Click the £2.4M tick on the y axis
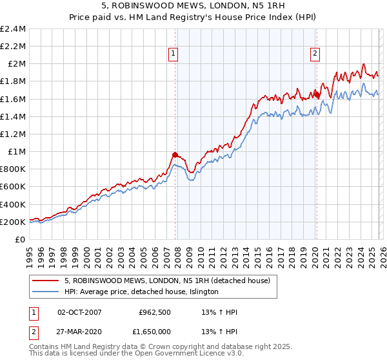click(13, 29)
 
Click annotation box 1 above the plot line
click(175, 54)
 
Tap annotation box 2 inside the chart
click(315, 54)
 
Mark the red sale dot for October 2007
click(175, 154)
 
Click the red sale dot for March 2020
click(317, 94)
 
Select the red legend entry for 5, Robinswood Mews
click(170, 281)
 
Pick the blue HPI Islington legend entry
click(141, 292)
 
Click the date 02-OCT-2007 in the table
click(80, 312)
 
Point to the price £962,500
click(154, 312)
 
